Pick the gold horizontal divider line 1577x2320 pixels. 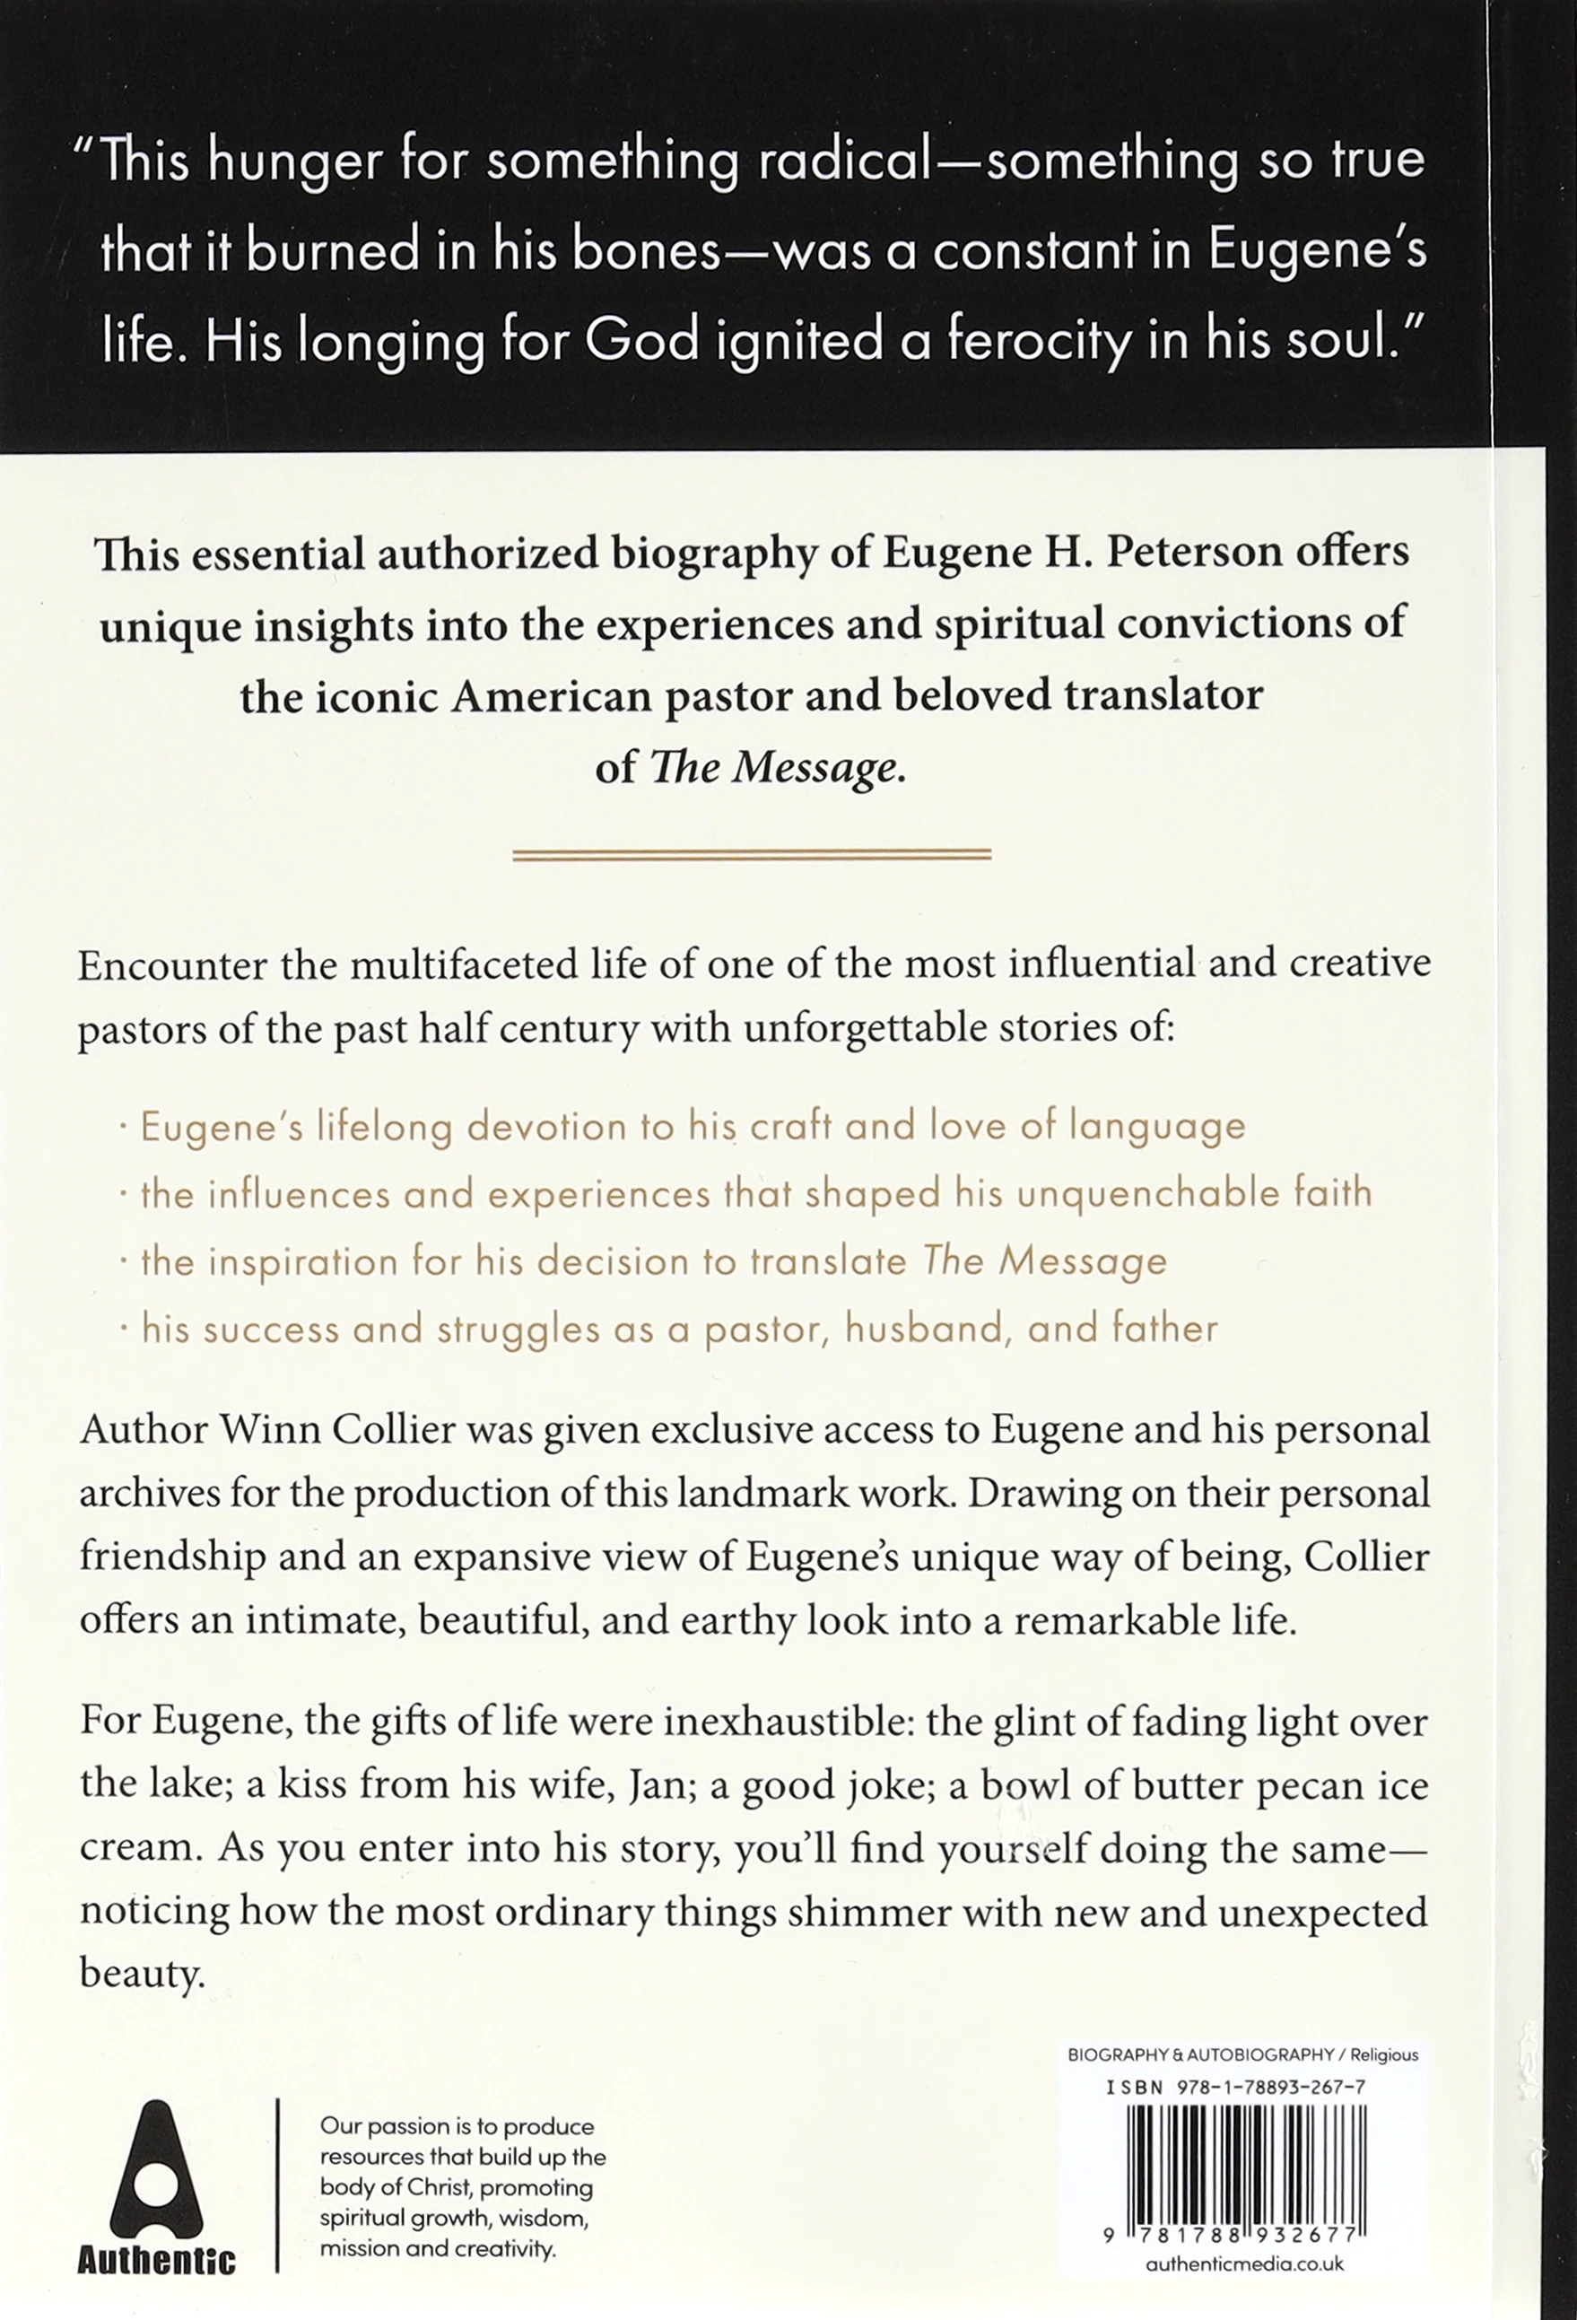pyautogui.click(x=751, y=855)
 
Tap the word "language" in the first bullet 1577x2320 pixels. pyautogui.click(x=1157, y=1126)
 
